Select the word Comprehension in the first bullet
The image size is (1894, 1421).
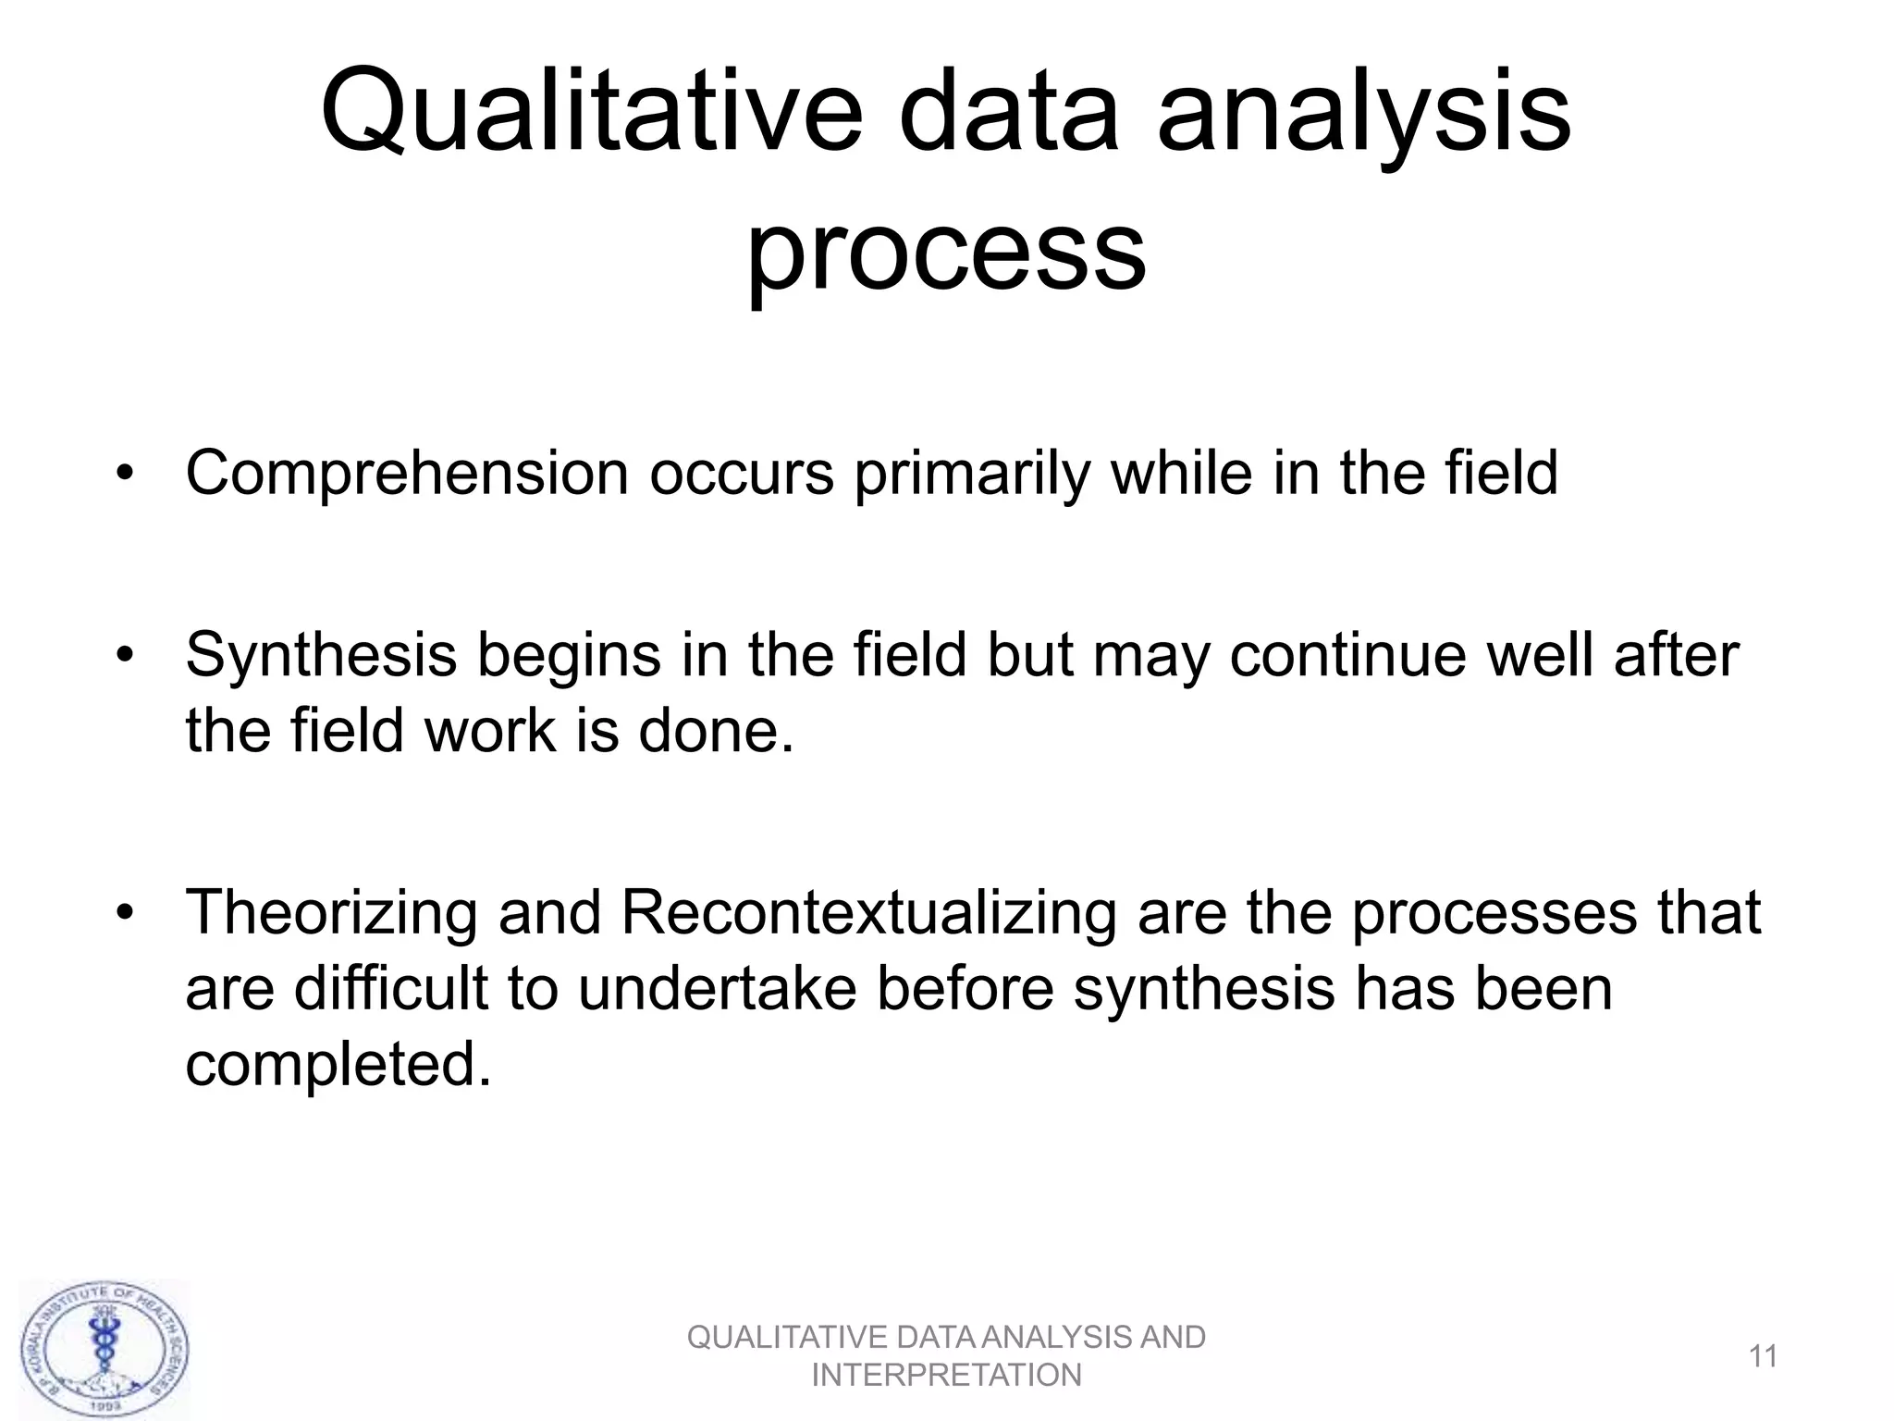coord(407,474)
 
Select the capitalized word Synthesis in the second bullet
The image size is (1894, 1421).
coord(321,655)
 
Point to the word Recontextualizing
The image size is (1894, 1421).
coord(868,912)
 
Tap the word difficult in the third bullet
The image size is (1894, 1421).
coord(390,988)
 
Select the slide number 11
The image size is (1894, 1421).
coord(1764,1357)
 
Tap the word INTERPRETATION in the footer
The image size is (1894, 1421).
coord(946,1376)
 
